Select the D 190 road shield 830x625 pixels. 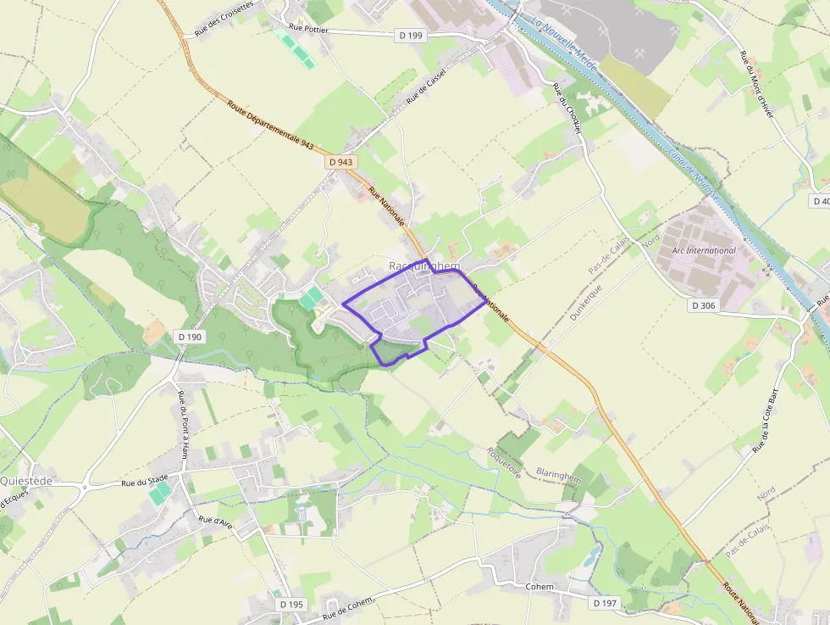tap(191, 337)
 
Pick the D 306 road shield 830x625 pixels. tap(704, 305)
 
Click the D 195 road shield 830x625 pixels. tap(290, 604)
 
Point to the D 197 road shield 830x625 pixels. tap(605, 603)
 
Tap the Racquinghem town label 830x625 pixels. tap(424, 266)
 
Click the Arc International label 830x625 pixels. tap(703, 251)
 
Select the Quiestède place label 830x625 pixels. tap(26, 481)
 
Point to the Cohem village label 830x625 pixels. tap(539, 587)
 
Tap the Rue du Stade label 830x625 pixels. tap(145, 483)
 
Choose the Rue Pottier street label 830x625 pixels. tap(307, 28)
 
